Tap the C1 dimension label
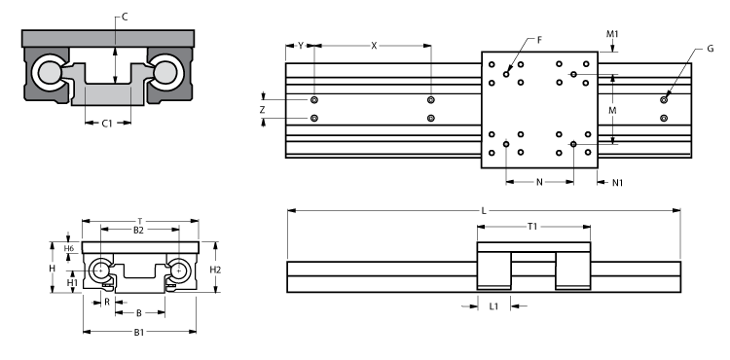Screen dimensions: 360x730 pyautogui.click(x=109, y=124)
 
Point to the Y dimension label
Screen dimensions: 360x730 pyautogui.click(x=301, y=45)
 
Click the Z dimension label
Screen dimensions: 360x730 pyautogui.click(x=262, y=111)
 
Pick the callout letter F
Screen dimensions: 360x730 pyautogui.click(x=539, y=40)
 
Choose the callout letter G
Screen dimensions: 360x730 pyautogui.click(x=711, y=48)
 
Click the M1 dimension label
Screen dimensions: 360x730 pyautogui.click(x=612, y=34)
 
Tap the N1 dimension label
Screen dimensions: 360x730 pyautogui.click(x=618, y=182)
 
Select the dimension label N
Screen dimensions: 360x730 pyautogui.click(x=540, y=182)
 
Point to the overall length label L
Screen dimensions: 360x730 pyautogui.click(x=484, y=209)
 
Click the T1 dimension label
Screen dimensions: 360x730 pyautogui.click(x=532, y=226)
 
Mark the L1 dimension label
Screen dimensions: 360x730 pyautogui.click(x=493, y=306)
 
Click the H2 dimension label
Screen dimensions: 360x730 pyautogui.click(x=217, y=269)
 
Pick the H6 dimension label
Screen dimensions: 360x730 pyautogui.click(x=69, y=249)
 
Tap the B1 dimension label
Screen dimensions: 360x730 pyautogui.click(x=139, y=332)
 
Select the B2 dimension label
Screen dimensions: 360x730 pyautogui.click(x=138, y=230)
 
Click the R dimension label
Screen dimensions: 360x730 pyautogui.click(x=107, y=302)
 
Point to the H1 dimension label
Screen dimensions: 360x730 pyautogui.click(x=71, y=282)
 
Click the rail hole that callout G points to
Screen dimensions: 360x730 pyautogui.click(x=664, y=99)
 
